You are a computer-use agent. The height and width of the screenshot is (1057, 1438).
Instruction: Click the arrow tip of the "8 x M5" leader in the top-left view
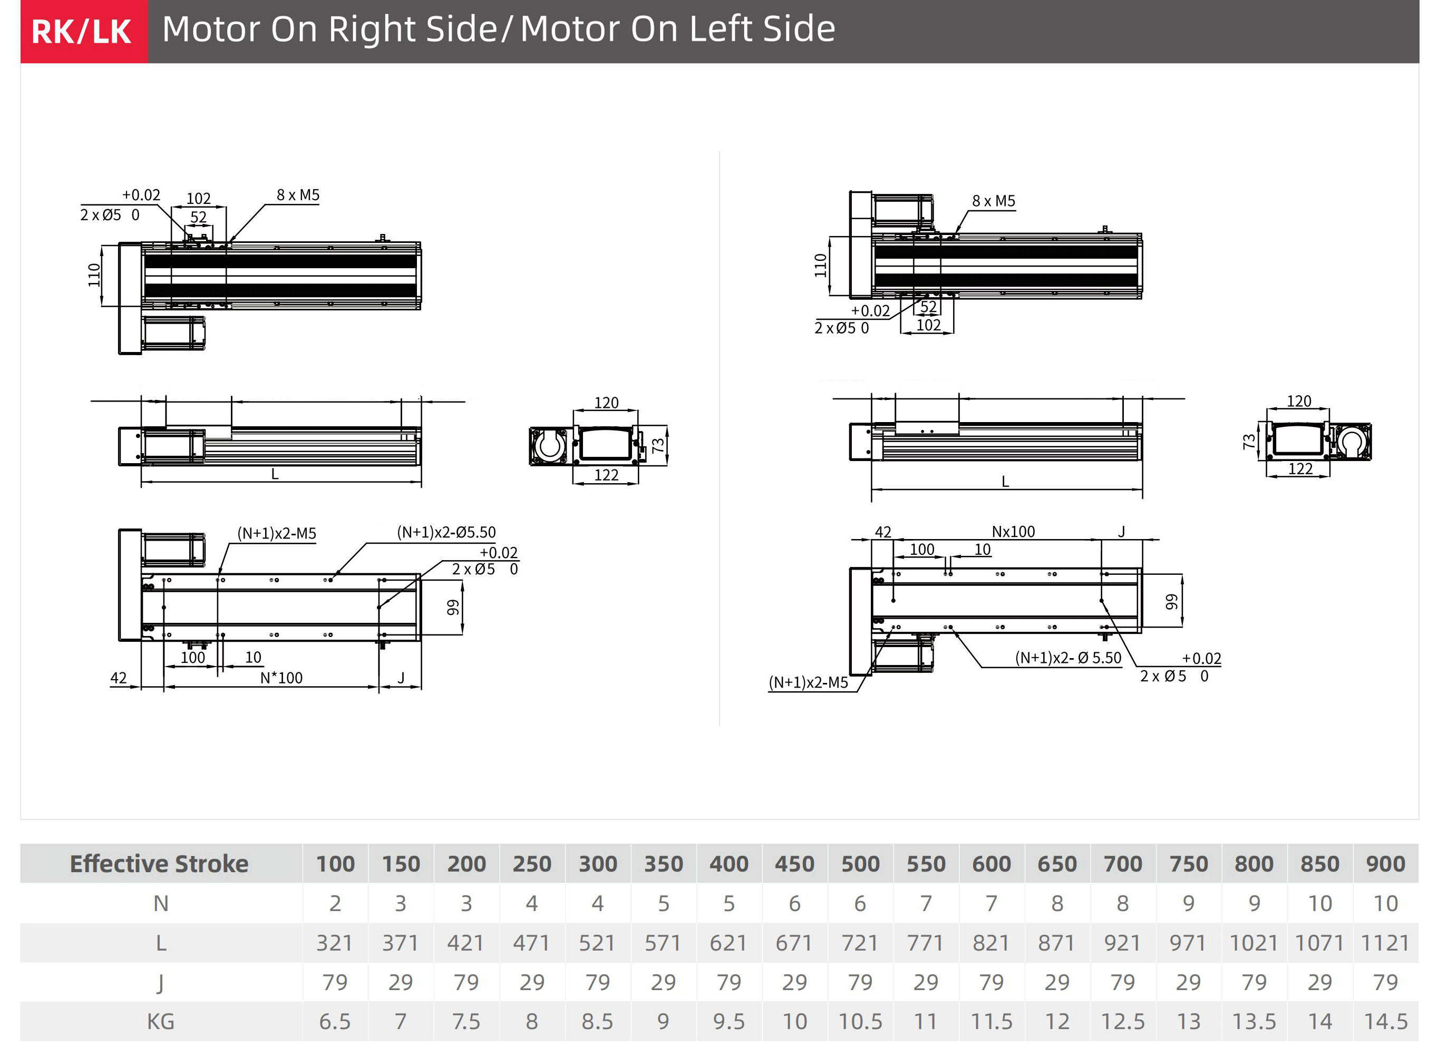pos(229,242)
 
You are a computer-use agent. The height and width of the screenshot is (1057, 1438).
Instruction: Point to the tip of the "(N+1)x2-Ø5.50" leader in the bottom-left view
pos(331,579)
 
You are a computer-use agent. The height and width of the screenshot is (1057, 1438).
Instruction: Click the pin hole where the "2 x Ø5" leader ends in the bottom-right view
pos(1101,601)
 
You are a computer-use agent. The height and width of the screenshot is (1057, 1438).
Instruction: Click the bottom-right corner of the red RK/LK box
pos(148,63)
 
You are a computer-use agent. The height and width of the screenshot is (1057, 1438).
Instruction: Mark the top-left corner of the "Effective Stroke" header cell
pos(21,844)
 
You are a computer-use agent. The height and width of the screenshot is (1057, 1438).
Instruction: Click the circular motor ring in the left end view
pos(549,445)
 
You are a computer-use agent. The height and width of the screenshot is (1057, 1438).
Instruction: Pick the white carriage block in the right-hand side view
pos(926,427)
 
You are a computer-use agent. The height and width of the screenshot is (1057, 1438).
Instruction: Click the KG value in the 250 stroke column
pos(531,1021)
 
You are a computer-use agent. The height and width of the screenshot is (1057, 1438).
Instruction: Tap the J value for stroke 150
pos(400,982)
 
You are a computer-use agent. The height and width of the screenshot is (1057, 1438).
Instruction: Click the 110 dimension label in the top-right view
pos(820,265)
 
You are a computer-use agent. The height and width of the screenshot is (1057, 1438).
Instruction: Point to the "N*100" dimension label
pos(281,678)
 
